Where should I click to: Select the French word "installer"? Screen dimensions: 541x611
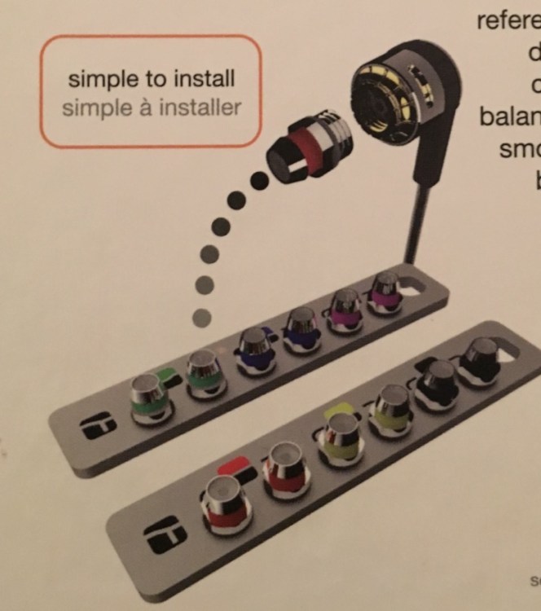click(x=201, y=108)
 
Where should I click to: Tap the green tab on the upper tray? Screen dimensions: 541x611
click(x=165, y=376)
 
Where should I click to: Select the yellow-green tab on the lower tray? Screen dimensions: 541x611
click(x=336, y=412)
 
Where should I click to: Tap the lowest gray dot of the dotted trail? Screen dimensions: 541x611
click(x=202, y=316)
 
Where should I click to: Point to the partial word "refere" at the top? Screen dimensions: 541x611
click(x=508, y=20)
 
